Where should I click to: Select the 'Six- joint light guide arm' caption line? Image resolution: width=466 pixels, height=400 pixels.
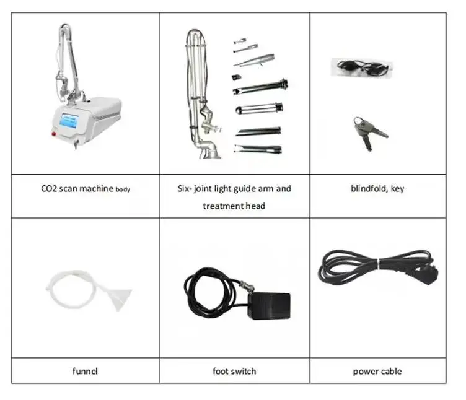click(234, 188)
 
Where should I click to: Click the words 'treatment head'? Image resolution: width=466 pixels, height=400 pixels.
click(234, 206)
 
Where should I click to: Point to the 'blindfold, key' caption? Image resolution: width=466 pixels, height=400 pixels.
click(377, 188)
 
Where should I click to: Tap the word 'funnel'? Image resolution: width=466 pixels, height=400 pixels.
click(85, 372)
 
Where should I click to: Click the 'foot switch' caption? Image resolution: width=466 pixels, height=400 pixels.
click(234, 372)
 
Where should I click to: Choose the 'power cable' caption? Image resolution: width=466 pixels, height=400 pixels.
click(377, 372)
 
